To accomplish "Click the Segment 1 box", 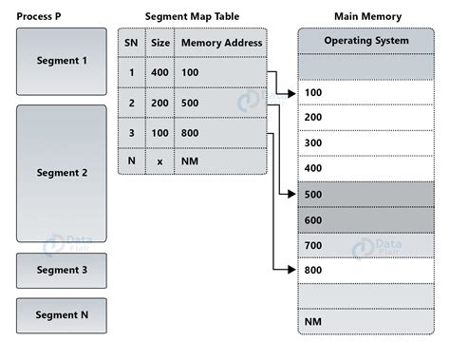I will point(62,61).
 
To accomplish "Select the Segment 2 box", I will point(62,173).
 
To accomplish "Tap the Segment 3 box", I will point(62,270).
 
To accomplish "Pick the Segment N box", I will point(62,315).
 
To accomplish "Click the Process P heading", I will point(46,16).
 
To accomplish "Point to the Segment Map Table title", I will point(193,16).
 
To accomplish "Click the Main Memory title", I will point(367,16).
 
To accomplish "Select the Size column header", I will point(159,43).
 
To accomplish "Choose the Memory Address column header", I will point(220,43).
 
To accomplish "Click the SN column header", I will point(131,43).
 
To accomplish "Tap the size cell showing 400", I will point(159,72).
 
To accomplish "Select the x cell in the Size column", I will point(159,161).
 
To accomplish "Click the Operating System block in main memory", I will point(366,41).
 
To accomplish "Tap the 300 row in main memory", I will point(366,142).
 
